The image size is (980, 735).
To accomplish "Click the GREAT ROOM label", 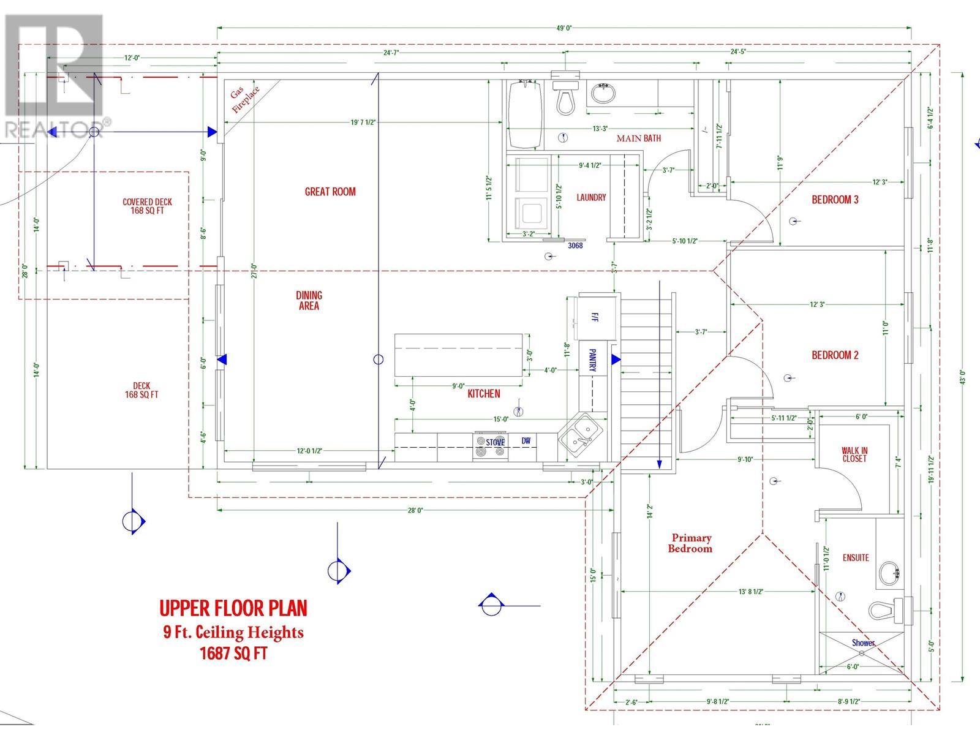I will [330, 192].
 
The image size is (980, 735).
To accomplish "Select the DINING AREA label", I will [309, 301].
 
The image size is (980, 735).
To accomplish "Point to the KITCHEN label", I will [483, 394].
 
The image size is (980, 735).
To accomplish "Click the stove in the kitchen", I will [491, 447].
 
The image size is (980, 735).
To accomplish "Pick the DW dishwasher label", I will [526, 441].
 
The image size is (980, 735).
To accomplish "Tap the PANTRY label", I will [592, 361].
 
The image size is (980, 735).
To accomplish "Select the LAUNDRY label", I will [591, 197].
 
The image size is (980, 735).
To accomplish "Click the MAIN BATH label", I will [638, 138].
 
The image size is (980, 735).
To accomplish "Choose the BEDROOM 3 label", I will [835, 200].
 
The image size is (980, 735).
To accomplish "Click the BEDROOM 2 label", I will [835, 355].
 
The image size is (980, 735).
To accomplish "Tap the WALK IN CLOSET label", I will [854, 454].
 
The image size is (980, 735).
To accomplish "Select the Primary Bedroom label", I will [690, 543].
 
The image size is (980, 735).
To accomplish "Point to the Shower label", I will [863, 643].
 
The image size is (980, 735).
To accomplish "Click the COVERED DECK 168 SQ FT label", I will [147, 206].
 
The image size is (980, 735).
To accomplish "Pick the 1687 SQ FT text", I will [233, 654].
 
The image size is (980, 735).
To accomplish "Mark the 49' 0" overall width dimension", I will [563, 28].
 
